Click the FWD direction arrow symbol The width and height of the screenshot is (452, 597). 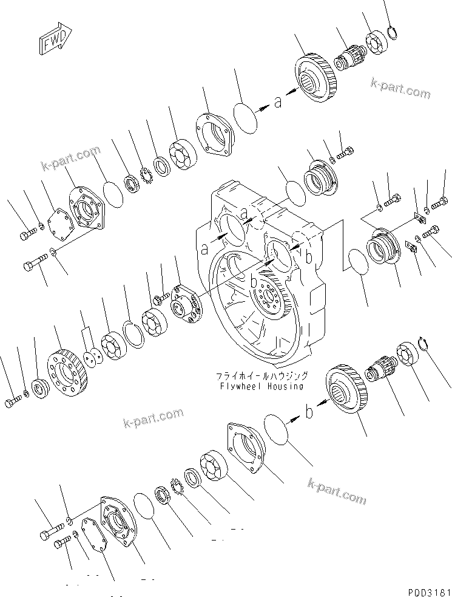53,41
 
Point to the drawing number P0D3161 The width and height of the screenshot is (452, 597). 427,590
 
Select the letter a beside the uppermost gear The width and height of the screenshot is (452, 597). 277,103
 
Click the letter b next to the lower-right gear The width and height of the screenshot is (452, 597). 309,413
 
